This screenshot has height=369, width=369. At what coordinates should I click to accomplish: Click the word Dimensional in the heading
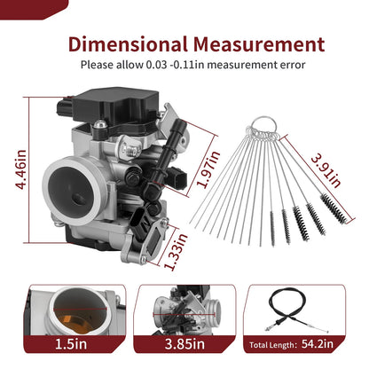point(128,44)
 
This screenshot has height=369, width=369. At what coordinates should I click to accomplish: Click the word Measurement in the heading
point(259,44)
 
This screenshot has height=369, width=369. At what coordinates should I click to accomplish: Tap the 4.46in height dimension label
point(21,169)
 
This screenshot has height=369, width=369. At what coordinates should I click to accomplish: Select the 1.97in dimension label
point(208,169)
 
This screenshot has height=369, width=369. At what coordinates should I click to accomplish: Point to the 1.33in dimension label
point(176,252)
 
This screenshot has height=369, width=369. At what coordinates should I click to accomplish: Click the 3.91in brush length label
point(326,171)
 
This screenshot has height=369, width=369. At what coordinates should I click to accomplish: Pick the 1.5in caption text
point(71,344)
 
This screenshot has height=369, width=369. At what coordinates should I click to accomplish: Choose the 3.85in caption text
point(184,344)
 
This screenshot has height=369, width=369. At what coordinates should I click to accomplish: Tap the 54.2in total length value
point(318,344)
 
